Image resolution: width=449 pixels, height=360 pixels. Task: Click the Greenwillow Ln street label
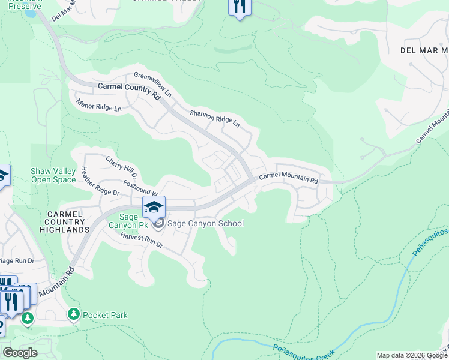click(152, 85)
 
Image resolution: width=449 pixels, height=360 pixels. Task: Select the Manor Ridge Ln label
click(99, 106)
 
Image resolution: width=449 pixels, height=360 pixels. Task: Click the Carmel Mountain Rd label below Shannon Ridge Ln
click(288, 179)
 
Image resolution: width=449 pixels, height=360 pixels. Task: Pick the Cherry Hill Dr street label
click(122, 168)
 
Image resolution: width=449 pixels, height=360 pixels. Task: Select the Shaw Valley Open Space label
click(53, 175)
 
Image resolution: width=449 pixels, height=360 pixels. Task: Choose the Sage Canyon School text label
click(205, 224)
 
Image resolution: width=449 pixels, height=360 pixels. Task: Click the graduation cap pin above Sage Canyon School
click(154, 207)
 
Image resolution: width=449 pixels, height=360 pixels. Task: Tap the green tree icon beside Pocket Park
click(74, 314)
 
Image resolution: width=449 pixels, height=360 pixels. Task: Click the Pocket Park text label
click(105, 315)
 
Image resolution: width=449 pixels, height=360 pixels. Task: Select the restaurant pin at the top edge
click(239, 7)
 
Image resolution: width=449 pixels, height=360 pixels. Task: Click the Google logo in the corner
click(20, 353)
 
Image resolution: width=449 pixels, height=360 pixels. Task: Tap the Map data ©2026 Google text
click(411, 355)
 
